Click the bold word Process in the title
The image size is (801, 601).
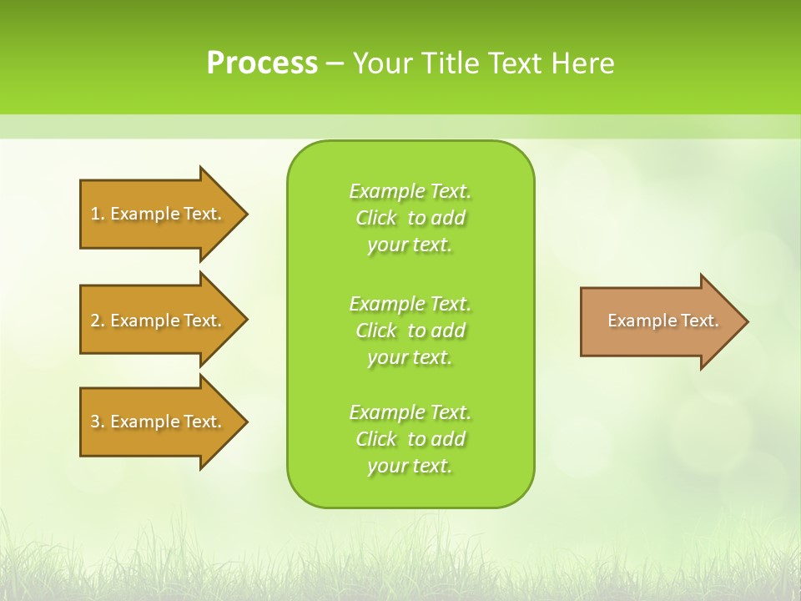pyautogui.click(x=262, y=63)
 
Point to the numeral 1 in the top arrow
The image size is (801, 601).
pyautogui.click(x=95, y=214)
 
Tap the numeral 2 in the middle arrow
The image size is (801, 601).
pyautogui.click(x=95, y=321)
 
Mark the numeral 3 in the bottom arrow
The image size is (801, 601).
pyautogui.click(x=95, y=422)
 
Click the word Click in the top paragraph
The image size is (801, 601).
pyautogui.click(x=376, y=218)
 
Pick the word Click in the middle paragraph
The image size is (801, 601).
pyautogui.click(x=376, y=331)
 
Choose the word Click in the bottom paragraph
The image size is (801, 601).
pyautogui.click(x=376, y=439)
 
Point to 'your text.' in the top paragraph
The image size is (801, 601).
pyautogui.click(x=410, y=245)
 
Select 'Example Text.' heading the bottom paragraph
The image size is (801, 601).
pyautogui.click(x=410, y=412)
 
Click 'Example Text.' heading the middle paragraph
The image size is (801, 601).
pyautogui.click(x=410, y=303)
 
